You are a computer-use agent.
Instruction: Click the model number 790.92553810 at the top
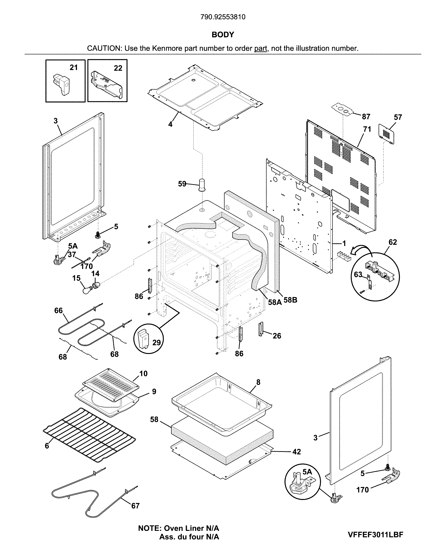coord(223,17)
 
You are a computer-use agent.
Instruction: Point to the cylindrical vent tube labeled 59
coord(202,184)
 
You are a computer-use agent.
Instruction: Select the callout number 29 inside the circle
coord(156,343)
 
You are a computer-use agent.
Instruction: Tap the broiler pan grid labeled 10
coord(110,385)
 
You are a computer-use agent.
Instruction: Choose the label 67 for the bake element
coord(135,506)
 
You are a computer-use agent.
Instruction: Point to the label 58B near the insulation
coord(290,300)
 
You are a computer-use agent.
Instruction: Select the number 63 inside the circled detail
coord(358,274)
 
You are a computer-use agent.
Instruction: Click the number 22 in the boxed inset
coord(118,68)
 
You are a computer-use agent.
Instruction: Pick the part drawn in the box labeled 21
coord(61,84)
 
